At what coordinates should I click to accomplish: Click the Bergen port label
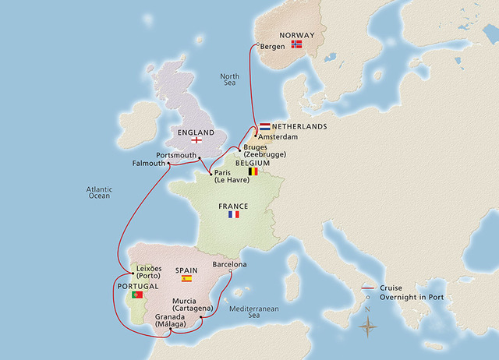pyautogui.click(x=273, y=47)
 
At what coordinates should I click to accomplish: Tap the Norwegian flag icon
pyautogui.click(x=296, y=44)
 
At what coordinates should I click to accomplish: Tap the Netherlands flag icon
pyautogui.click(x=265, y=125)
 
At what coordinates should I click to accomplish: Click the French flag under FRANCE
pyautogui.click(x=234, y=214)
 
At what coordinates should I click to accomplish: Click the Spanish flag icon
pyautogui.click(x=186, y=278)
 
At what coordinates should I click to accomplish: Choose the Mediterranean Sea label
pyautogui.click(x=257, y=312)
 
